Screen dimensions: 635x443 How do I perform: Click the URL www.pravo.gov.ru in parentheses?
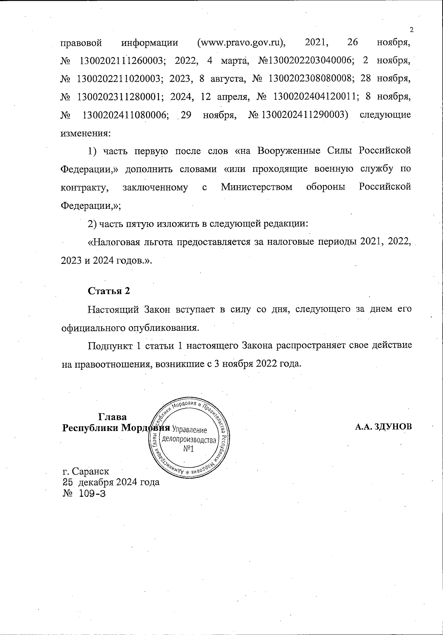tap(242, 43)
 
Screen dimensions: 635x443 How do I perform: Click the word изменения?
tap(85, 133)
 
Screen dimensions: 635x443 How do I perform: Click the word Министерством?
tap(257, 187)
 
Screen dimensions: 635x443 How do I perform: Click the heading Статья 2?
tap(109, 291)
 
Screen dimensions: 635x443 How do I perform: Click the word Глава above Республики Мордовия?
tap(113, 417)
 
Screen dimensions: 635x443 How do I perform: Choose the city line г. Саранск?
tap(86, 472)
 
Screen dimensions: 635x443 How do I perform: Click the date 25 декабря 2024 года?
tap(111, 482)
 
